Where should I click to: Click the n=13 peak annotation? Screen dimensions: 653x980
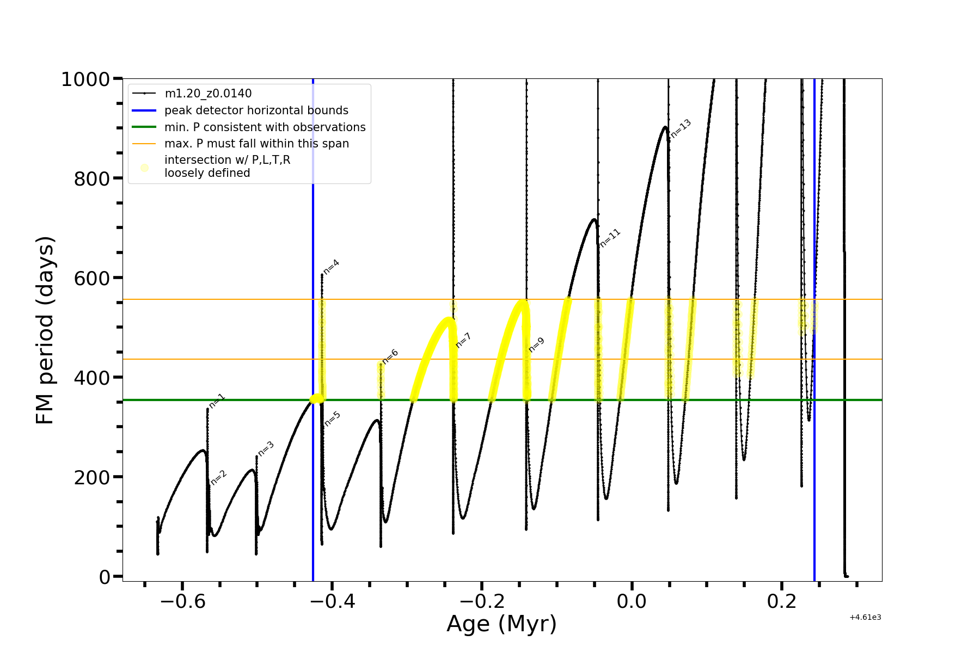coord(681,128)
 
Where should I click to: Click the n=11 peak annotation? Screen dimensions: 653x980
coord(610,238)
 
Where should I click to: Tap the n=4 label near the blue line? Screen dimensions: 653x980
coord(331,267)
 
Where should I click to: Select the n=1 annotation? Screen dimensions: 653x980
coord(217,401)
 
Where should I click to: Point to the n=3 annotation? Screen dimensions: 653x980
coord(266,448)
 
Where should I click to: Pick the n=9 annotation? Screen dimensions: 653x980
coord(536,345)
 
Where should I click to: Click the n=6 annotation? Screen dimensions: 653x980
coord(390,356)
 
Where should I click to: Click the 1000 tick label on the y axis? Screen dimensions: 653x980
coord(85,79)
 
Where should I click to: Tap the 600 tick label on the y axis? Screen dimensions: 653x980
coord(92,278)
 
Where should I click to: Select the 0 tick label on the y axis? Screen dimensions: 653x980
coord(105,577)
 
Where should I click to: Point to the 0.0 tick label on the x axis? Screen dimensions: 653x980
coord(632,601)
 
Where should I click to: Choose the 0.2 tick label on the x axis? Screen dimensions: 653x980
coord(782,601)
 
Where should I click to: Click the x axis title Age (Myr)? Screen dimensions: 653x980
coord(501,624)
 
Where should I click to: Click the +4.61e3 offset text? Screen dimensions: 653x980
coord(865,617)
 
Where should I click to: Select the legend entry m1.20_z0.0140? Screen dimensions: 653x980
coord(208,94)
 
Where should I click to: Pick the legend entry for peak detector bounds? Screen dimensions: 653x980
coord(256,110)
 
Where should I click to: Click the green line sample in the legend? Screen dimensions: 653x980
coord(144,127)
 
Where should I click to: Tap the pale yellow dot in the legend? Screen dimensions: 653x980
coord(144,168)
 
